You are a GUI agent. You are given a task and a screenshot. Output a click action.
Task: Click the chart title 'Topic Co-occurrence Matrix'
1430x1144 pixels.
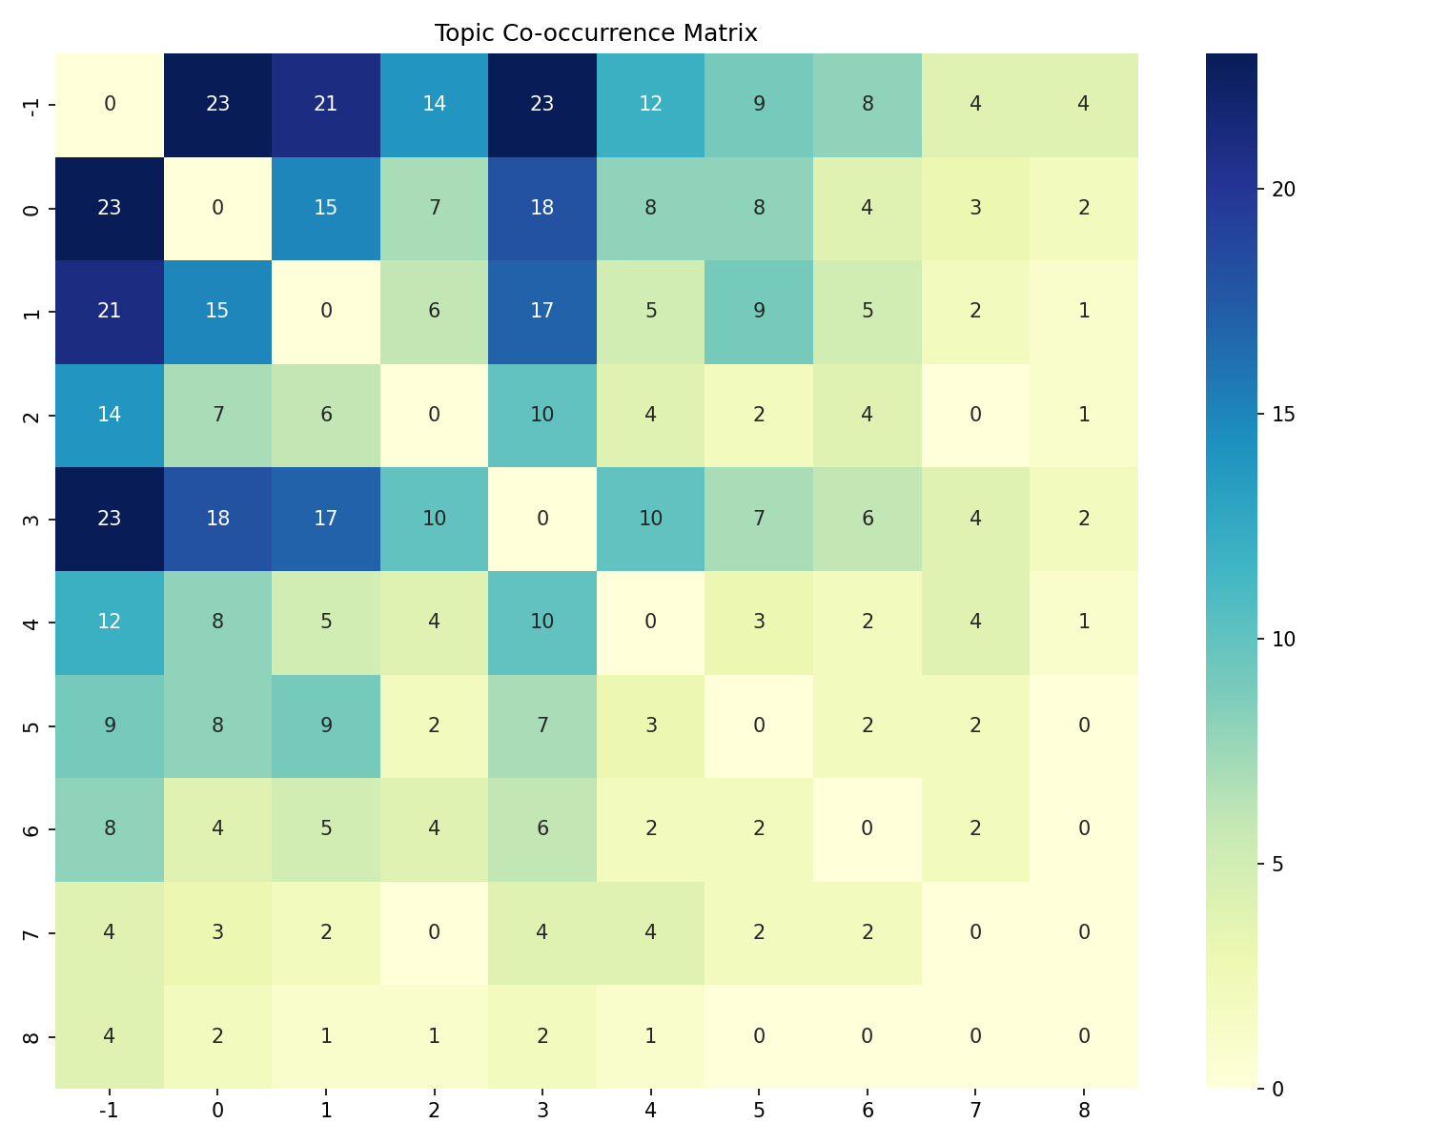point(596,33)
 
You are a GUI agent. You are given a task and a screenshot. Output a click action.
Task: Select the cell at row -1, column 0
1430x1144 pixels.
point(217,105)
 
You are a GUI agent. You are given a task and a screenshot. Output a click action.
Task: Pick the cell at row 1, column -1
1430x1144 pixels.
point(110,312)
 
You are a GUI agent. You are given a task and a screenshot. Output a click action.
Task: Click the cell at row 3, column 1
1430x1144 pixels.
point(326,519)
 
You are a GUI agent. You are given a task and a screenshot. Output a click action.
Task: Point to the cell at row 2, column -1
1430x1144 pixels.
point(110,416)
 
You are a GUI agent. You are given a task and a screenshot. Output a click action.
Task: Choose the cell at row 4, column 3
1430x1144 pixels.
point(541,623)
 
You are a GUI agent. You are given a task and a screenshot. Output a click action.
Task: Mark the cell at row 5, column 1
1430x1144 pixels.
point(326,725)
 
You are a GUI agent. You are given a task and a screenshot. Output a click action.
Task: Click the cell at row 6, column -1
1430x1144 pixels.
point(110,829)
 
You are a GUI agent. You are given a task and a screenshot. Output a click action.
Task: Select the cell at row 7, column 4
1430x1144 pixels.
point(650,932)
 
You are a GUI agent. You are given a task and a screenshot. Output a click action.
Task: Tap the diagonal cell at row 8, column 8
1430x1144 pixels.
point(1083,1036)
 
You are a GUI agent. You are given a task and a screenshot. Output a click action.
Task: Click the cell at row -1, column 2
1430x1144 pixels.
point(434,105)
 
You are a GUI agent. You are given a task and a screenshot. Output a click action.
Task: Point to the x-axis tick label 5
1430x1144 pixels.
point(759,1110)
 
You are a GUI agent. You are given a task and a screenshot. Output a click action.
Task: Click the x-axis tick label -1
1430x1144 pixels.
point(110,1110)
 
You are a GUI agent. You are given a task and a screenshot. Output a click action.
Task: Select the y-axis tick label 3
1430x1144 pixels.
point(31,519)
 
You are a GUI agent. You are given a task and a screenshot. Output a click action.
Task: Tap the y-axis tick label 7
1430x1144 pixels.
point(31,932)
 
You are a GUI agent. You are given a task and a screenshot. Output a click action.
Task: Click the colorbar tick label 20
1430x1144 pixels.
point(1283,189)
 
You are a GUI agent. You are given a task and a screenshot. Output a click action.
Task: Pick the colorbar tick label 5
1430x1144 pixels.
point(1278,864)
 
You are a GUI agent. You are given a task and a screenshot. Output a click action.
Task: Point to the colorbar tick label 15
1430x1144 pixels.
point(1283,414)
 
